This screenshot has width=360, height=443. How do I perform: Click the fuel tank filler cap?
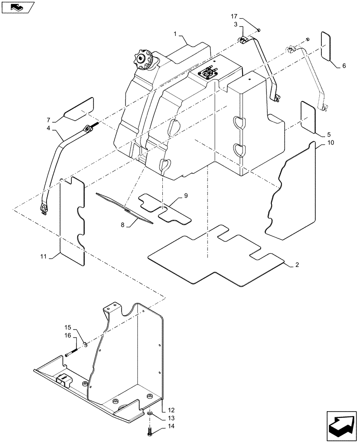click(143, 60)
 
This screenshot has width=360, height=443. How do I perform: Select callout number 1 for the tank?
click(176, 34)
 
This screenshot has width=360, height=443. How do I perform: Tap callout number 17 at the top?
click(235, 16)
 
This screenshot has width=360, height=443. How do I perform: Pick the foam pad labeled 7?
click(78, 109)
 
